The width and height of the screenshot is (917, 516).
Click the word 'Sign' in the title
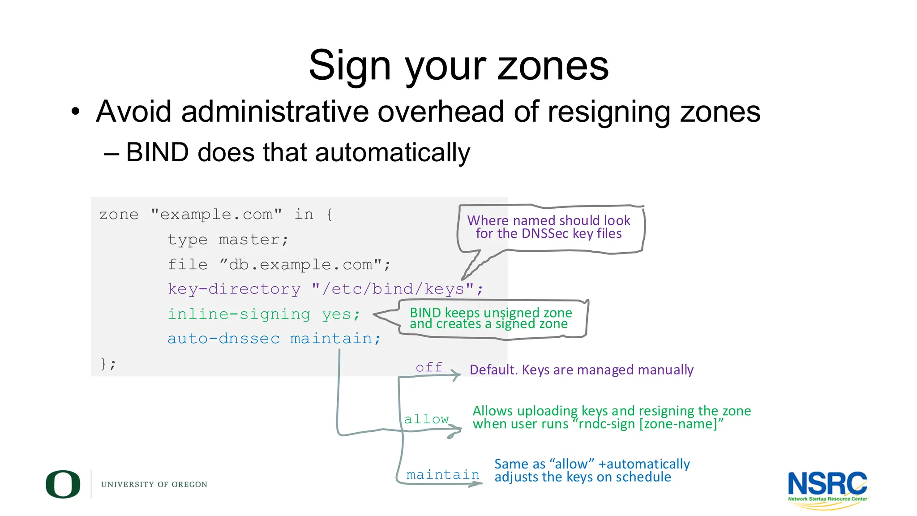[x=351, y=66]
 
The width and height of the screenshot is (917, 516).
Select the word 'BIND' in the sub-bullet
[x=157, y=152]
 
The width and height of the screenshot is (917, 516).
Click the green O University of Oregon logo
[x=63, y=484]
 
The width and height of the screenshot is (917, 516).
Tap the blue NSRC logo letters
[x=827, y=484]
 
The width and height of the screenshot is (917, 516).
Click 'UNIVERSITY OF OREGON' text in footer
[x=154, y=485]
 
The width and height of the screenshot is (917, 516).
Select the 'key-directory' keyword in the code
[x=234, y=289]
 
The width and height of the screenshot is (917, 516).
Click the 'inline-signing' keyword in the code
[x=239, y=314]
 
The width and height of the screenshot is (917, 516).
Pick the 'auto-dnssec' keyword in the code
[x=223, y=339]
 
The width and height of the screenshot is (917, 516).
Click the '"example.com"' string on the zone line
[x=216, y=215]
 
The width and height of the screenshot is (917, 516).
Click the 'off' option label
[x=429, y=367]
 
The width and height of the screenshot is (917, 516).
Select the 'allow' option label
[x=426, y=419]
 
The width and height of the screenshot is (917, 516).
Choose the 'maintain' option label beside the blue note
[x=442, y=475]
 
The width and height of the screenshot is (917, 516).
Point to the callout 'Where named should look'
[x=548, y=220]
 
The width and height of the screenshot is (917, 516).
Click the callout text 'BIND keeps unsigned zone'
[x=491, y=313]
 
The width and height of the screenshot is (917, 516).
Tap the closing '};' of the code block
[x=108, y=363]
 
